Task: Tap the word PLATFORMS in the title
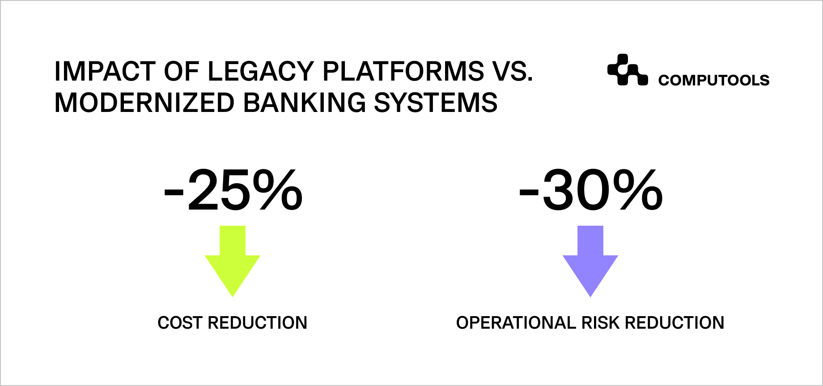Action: tap(403, 71)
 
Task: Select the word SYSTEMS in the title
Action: tap(436, 103)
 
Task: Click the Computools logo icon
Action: tap(627, 70)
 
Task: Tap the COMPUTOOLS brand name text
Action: tap(713, 80)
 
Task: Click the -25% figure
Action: tap(233, 190)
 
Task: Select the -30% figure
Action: tap(590, 190)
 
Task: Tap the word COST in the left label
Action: tap(180, 323)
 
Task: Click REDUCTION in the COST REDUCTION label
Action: tap(258, 323)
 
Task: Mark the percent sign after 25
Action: tap(277, 190)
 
